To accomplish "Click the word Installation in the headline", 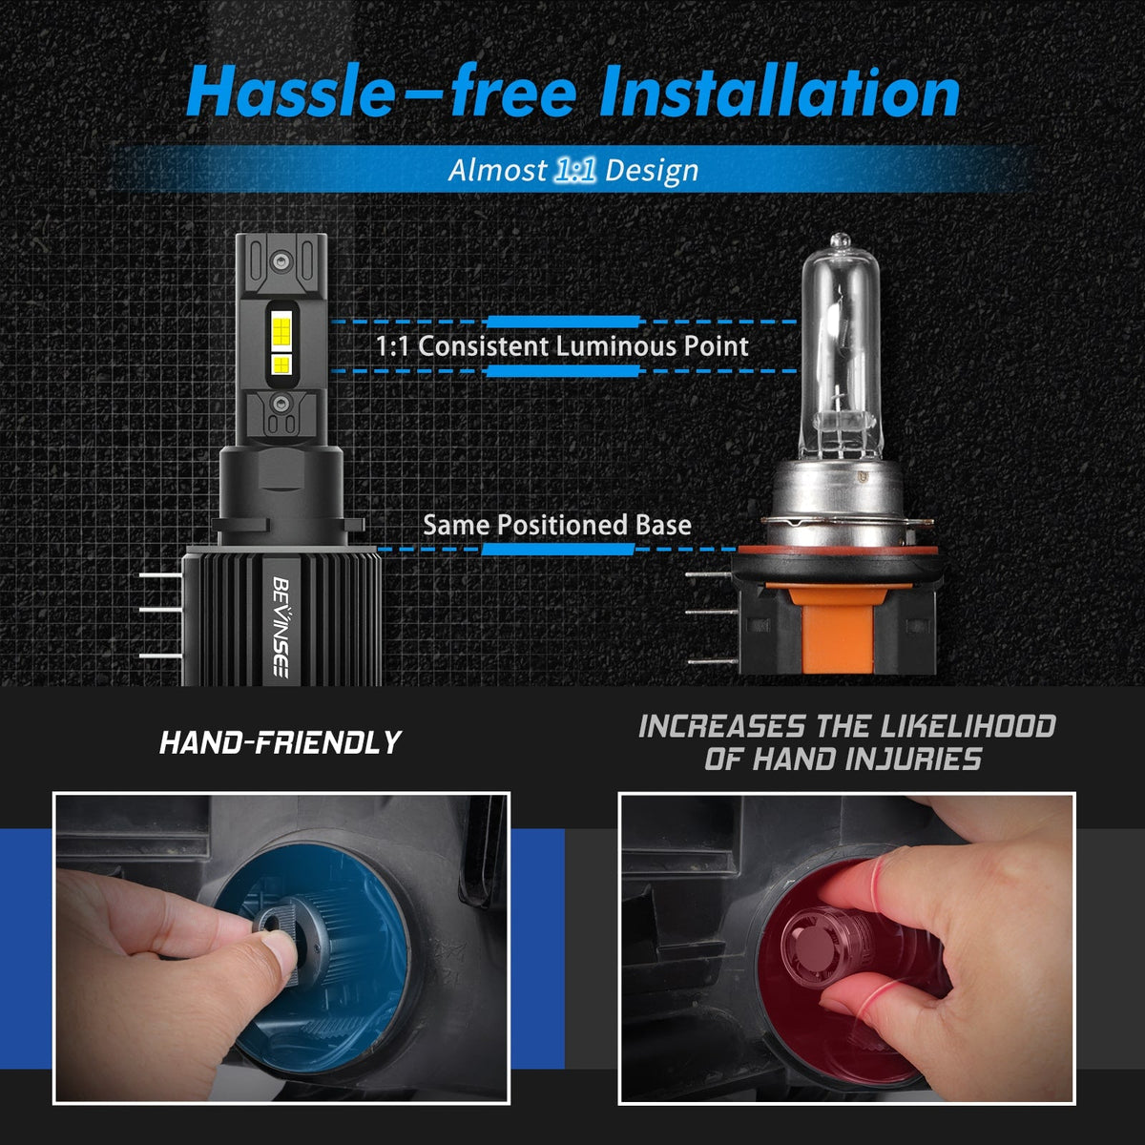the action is point(780,92).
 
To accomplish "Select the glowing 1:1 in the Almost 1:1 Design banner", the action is point(574,170).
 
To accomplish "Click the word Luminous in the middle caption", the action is point(615,345).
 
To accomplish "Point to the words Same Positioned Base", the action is point(556,525).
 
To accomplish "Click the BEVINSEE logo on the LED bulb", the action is point(281,626).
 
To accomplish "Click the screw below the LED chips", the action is point(281,404).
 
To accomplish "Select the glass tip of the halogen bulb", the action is point(841,240).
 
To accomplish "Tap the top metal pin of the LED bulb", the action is point(161,575).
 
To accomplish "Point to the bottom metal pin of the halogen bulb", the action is point(712,660).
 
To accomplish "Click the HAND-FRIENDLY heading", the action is point(280,742).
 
